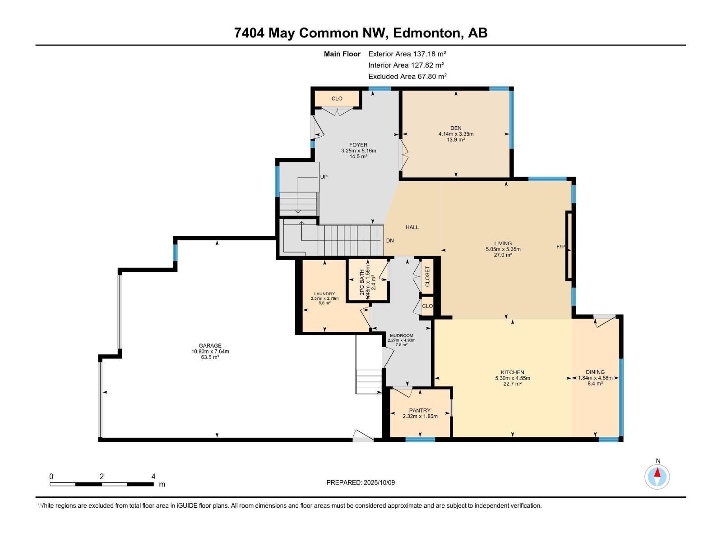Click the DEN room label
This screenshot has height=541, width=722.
pos(456,128)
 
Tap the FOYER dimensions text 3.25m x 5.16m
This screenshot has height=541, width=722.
pos(358,151)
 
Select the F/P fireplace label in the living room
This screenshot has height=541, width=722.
pos(560,247)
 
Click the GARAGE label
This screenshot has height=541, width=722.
pos(210,346)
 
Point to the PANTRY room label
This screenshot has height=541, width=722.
pos(420,410)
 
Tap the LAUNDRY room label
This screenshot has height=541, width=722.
pos(324,294)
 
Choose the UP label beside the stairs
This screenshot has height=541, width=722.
pos(324,177)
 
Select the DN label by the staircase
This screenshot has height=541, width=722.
pos(390,240)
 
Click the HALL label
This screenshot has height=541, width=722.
pos(412,227)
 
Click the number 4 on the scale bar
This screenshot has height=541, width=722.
pos(153,477)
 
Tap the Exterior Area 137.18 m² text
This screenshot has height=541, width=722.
pos(407,54)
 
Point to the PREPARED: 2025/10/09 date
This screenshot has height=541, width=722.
pos(361,482)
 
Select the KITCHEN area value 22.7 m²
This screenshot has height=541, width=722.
pos(512,384)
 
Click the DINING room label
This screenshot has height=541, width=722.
pos(595,372)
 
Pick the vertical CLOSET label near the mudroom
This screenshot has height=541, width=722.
pos(427,276)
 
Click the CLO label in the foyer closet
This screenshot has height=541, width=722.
pos(337,98)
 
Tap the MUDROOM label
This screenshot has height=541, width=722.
pos(401,335)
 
